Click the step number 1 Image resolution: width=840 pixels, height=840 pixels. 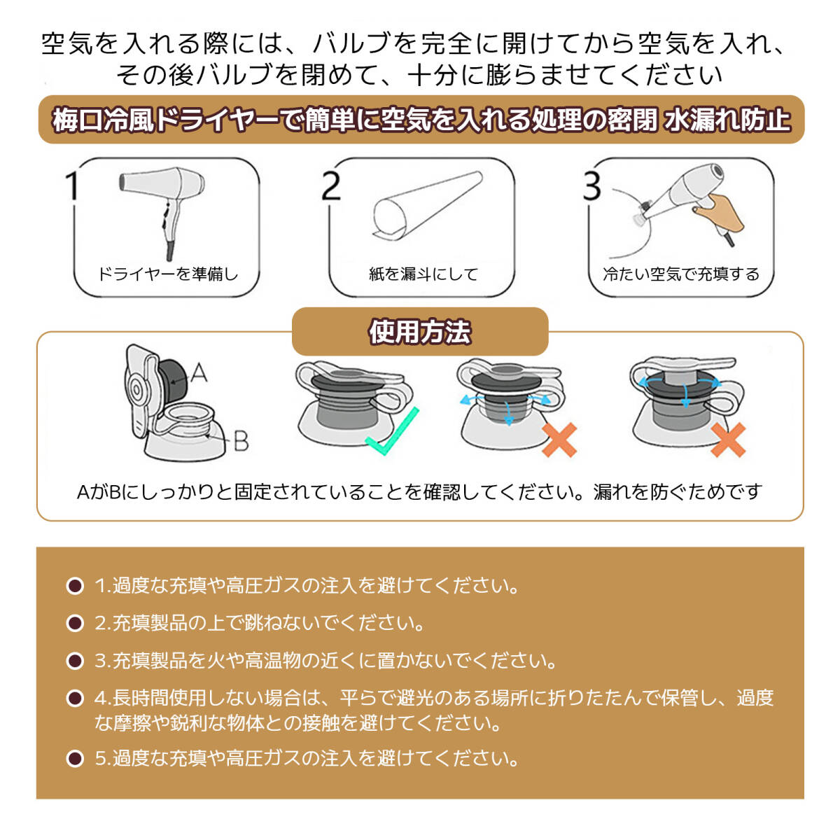click(x=72, y=185)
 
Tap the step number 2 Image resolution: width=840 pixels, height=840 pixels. click(x=331, y=185)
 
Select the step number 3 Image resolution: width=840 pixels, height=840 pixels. click(x=591, y=185)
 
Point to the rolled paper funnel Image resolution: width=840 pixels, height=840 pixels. click(x=427, y=205)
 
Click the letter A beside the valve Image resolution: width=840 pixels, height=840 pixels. click(x=198, y=372)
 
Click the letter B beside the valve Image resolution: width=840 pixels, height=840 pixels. click(x=241, y=440)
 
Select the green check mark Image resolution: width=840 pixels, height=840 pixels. click(x=392, y=432)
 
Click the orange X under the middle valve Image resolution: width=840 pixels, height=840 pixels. click(x=559, y=440)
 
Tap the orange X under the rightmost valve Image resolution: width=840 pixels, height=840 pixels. click(x=728, y=440)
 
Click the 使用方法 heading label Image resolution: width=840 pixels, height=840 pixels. click(x=420, y=332)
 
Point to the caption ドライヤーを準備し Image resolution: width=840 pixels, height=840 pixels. click(x=168, y=274)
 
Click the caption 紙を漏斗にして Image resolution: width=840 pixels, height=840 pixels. click(x=423, y=274)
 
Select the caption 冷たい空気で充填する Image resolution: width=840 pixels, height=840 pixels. click(x=681, y=274)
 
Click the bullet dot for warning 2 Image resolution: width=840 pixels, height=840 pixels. click(x=75, y=624)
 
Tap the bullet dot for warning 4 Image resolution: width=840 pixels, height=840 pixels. click(x=75, y=699)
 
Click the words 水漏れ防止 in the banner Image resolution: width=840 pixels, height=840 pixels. click(x=728, y=120)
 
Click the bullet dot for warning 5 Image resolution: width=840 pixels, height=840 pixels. click(x=75, y=759)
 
